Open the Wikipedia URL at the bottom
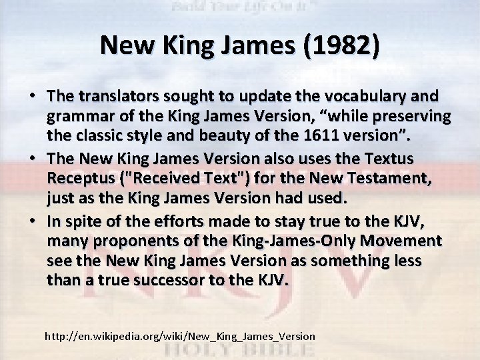pos(179,335)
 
